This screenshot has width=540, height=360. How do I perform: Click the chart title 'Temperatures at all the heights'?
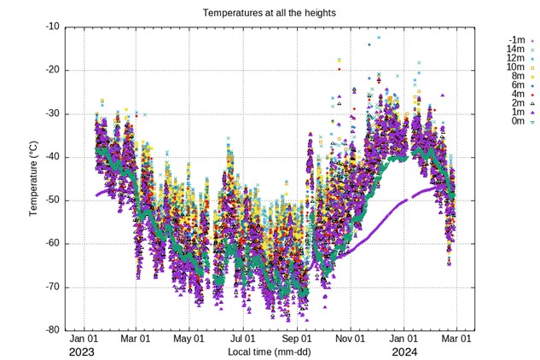coord(270,14)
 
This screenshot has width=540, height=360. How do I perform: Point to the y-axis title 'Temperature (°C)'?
coord(35,177)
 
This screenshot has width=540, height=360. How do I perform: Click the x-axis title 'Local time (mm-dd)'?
coord(270,351)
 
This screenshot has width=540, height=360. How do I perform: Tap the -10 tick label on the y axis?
coord(51,26)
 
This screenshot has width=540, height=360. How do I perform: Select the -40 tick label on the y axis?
coord(51,157)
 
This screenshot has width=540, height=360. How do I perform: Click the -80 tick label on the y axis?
coord(51,330)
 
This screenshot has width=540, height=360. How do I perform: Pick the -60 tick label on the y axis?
coord(51,244)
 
